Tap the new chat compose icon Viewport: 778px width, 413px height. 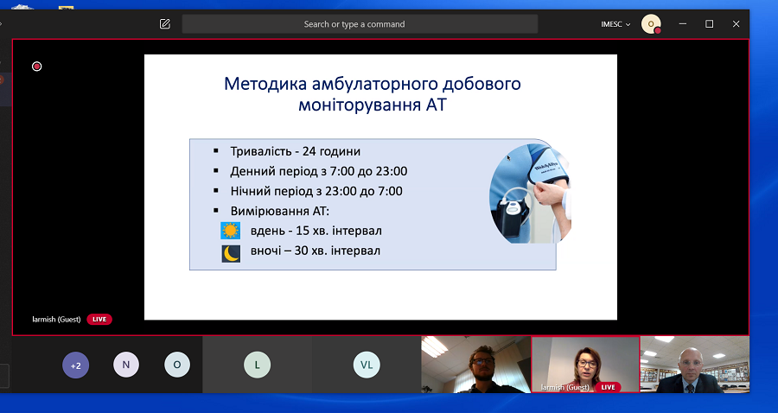[165, 24]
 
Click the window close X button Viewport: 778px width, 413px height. [736, 24]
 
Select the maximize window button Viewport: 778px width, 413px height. [710, 24]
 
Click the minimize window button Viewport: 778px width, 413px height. [683, 24]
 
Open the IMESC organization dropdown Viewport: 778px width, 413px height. [615, 24]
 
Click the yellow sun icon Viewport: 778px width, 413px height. [230, 231]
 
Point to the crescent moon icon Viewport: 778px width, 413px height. [231, 254]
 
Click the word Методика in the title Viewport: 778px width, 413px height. [265, 84]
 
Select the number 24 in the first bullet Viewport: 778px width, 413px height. [309, 151]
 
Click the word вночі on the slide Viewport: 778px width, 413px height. [266, 251]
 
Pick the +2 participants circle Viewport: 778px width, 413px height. [75, 365]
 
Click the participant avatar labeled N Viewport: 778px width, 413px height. [126, 365]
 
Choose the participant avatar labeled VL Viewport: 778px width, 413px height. [367, 365]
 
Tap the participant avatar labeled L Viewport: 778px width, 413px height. [257, 365]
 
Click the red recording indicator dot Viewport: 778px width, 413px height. [36, 67]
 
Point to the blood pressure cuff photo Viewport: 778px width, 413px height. [530, 194]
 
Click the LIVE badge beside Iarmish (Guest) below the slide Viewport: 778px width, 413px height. [99, 320]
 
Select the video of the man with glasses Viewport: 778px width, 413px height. [475, 365]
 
